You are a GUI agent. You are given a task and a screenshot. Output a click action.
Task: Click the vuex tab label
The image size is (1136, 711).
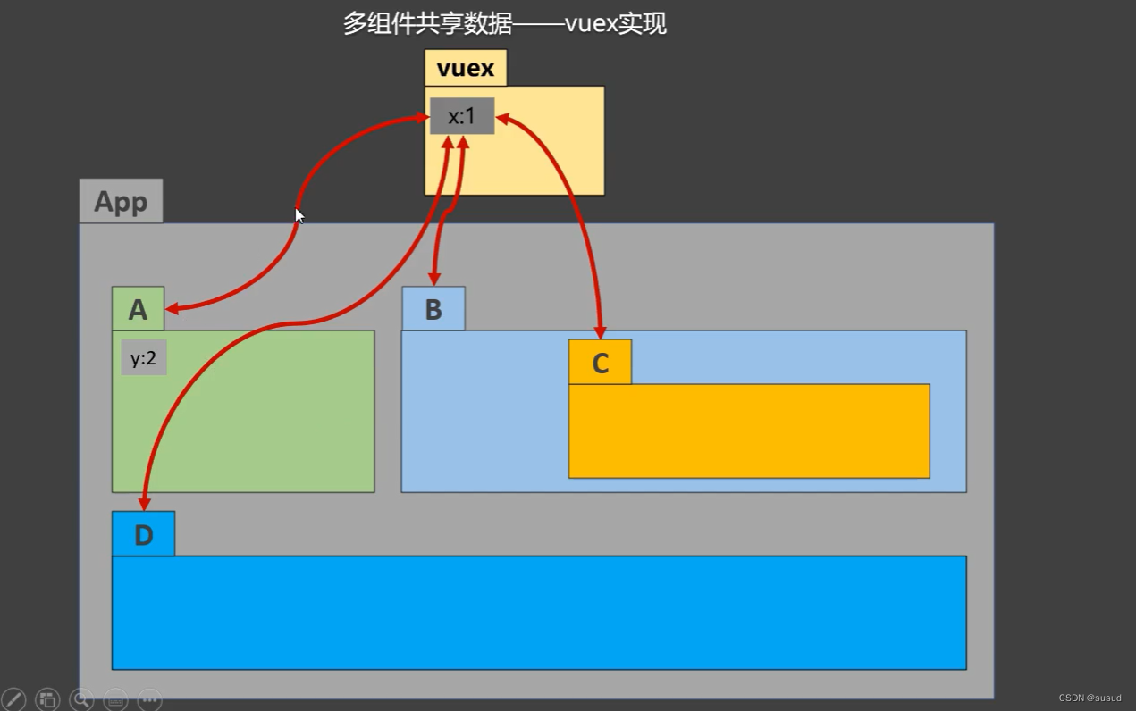(x=466, y=68)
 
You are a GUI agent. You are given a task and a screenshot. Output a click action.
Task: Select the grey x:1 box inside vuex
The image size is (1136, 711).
(x=461, y=116)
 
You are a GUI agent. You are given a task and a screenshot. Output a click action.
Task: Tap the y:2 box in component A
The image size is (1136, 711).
(x=144, y=357)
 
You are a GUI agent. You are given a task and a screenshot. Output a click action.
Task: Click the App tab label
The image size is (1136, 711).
(x=121, y=201)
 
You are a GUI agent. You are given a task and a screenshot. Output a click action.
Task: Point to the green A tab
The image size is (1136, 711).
(x=138, y=309)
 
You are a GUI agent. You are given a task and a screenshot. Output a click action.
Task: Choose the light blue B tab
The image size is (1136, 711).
(x=433, y=309)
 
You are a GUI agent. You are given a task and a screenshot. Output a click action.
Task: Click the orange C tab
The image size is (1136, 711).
(x=600, y=363)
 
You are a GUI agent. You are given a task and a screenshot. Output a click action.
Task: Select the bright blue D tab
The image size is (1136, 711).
(x=143, y=534)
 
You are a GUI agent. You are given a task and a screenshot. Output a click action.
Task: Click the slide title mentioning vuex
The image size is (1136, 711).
(x=505, y=23)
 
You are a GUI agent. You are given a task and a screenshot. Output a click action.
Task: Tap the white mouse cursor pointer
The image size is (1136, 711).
(x=299, y=215)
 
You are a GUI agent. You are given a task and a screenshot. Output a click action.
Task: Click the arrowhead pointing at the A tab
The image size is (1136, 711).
(x=172, y=309)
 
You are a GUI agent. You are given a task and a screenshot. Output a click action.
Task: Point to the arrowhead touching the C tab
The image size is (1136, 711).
(x=601, y=332)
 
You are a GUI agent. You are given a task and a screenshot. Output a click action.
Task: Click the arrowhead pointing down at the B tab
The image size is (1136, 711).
(x=434, y=279)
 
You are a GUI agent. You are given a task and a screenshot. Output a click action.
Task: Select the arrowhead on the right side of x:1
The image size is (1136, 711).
(x=502, y=118)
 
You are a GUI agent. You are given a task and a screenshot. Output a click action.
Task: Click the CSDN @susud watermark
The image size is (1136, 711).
(x=1090, y=698)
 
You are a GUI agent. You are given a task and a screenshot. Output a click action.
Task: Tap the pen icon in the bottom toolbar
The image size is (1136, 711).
(x=13, y=698)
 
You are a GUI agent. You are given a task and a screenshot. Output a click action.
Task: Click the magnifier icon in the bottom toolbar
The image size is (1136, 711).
(x=81, y=698)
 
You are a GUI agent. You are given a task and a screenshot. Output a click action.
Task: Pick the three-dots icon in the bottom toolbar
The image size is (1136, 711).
(x=149, y=698)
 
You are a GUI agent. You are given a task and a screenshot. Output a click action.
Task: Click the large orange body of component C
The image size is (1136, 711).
(x=749, y=431)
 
